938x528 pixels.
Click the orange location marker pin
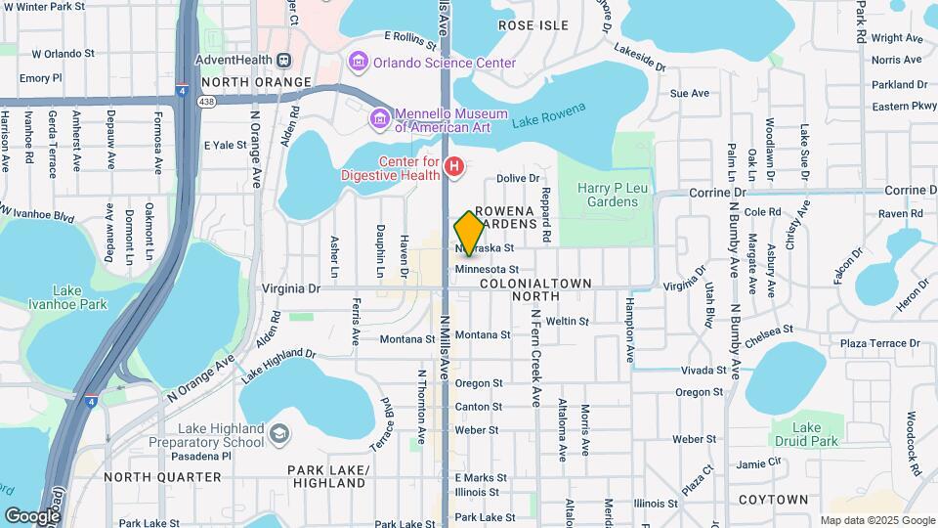click(469, 233)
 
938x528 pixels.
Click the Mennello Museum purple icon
click(378, 119)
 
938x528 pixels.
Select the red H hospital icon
click(453, 168)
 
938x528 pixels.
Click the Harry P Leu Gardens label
click(607, 195)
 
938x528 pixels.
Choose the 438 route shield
click(206, 100)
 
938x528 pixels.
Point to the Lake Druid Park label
click(806, 434)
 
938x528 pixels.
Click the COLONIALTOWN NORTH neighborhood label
click(536, 289)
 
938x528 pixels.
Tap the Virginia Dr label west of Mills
click(291, 288)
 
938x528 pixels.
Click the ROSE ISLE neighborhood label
click(533, 24)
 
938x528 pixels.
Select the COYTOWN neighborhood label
click(773, 500)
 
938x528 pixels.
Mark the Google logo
click(32, 515)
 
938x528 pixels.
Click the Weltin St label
click(568, 321)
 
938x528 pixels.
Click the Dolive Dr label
click(518, 178)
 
